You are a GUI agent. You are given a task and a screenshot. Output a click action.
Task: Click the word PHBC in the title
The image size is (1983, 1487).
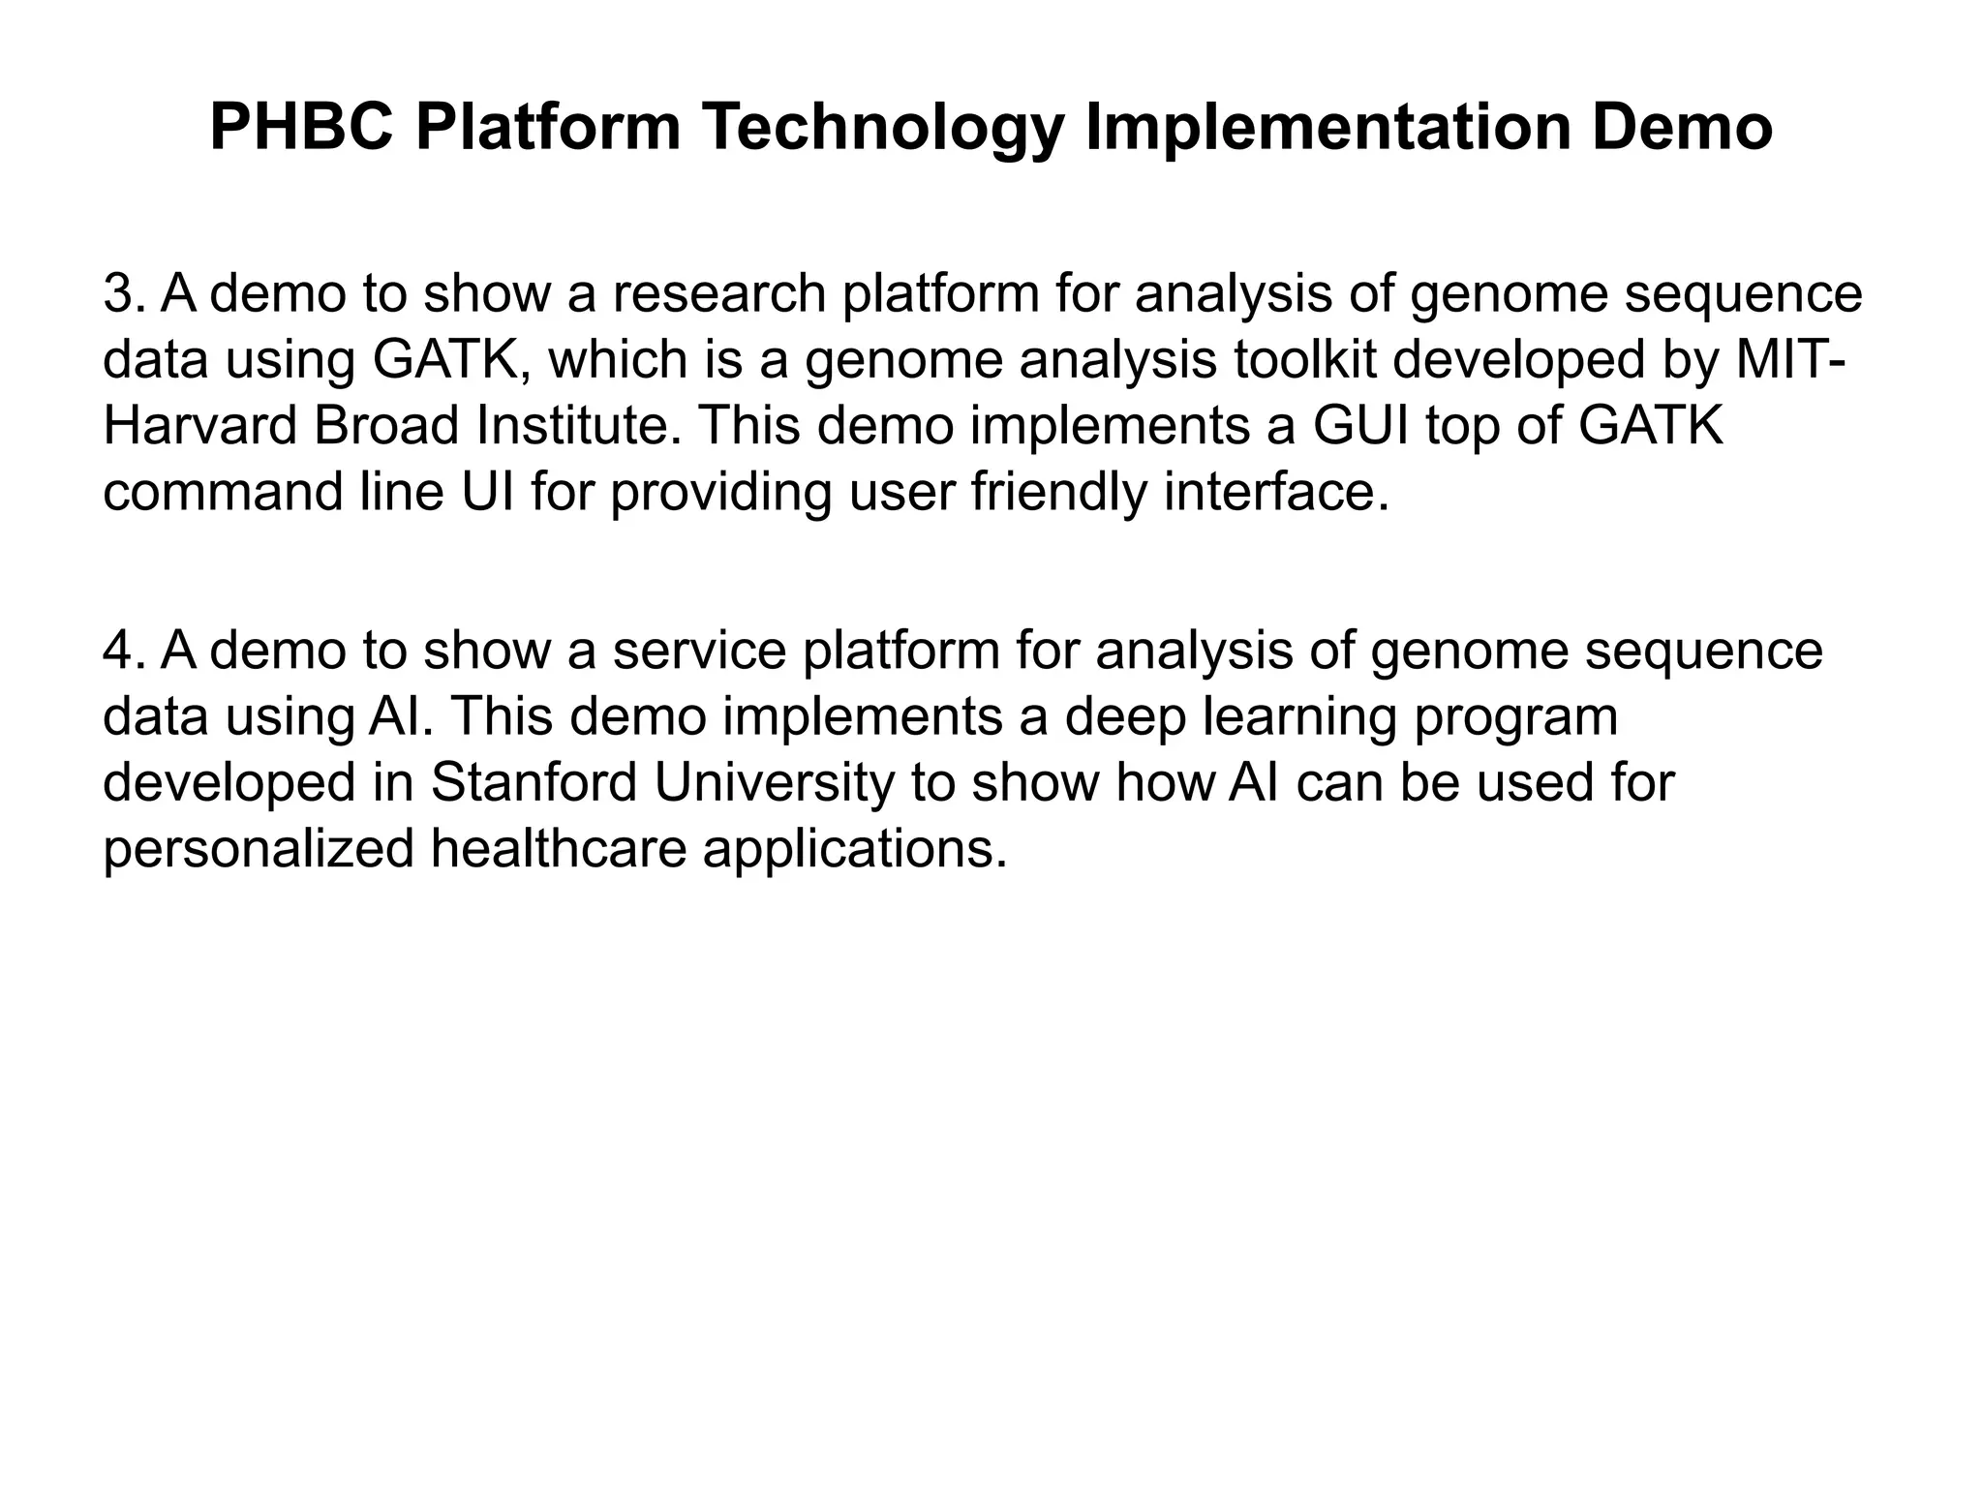[301, 128]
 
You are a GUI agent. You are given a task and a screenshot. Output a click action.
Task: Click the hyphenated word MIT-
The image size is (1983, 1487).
[1789, 359]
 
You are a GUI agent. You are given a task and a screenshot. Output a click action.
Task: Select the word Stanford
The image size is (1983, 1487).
[534, 783]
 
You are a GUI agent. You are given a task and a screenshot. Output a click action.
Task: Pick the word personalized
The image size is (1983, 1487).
[259, 849]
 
